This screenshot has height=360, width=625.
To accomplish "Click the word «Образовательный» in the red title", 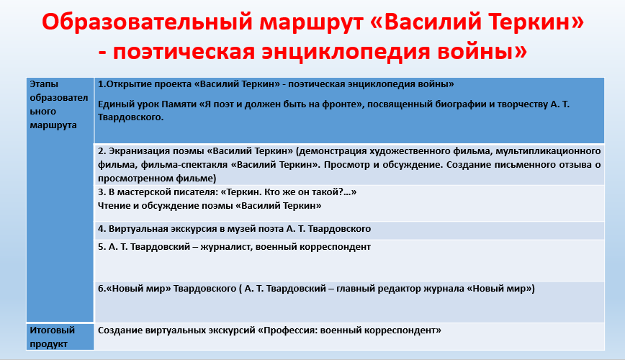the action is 148,22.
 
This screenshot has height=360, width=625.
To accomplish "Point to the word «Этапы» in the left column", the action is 44,84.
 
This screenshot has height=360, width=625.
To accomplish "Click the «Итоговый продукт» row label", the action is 53,337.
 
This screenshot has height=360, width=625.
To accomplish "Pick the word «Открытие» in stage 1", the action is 130,84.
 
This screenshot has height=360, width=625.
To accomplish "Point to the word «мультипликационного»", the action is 548,151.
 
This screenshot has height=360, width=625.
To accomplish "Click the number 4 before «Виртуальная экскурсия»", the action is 102,229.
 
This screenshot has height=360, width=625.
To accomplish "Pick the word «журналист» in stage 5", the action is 225,247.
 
